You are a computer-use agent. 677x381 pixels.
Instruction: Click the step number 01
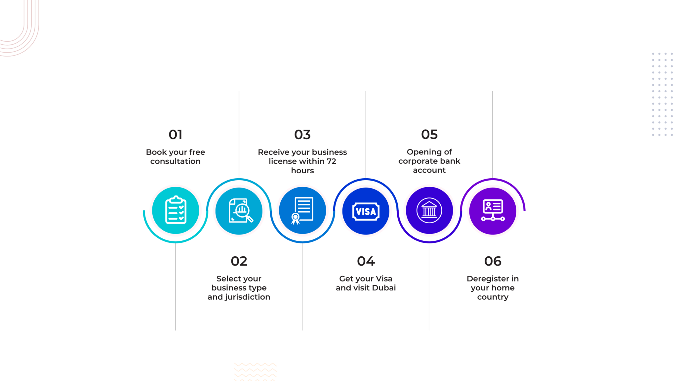(175, 135)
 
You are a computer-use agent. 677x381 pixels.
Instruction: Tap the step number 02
(239, 261)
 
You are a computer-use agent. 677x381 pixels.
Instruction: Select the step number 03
(302, 135)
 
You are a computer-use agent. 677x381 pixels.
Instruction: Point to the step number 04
(366, 261)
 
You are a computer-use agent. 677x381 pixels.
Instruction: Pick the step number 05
(429, 134)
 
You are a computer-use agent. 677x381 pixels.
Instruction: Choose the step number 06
(493, 261)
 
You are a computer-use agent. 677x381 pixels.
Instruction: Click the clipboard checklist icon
(176, 210)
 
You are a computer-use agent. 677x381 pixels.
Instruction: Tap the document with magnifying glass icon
(241, 211)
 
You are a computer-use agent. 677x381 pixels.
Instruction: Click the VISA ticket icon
(366, 211)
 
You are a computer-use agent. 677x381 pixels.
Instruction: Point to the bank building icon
(429, 210)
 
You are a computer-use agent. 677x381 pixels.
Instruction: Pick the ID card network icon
(493, 210)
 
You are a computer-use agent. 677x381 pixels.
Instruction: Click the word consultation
(175, 161)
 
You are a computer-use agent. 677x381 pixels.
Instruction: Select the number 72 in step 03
(331, 161)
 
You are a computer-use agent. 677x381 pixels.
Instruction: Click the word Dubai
(384, 288)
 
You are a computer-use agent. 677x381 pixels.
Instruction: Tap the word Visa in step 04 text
(384, 278)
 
